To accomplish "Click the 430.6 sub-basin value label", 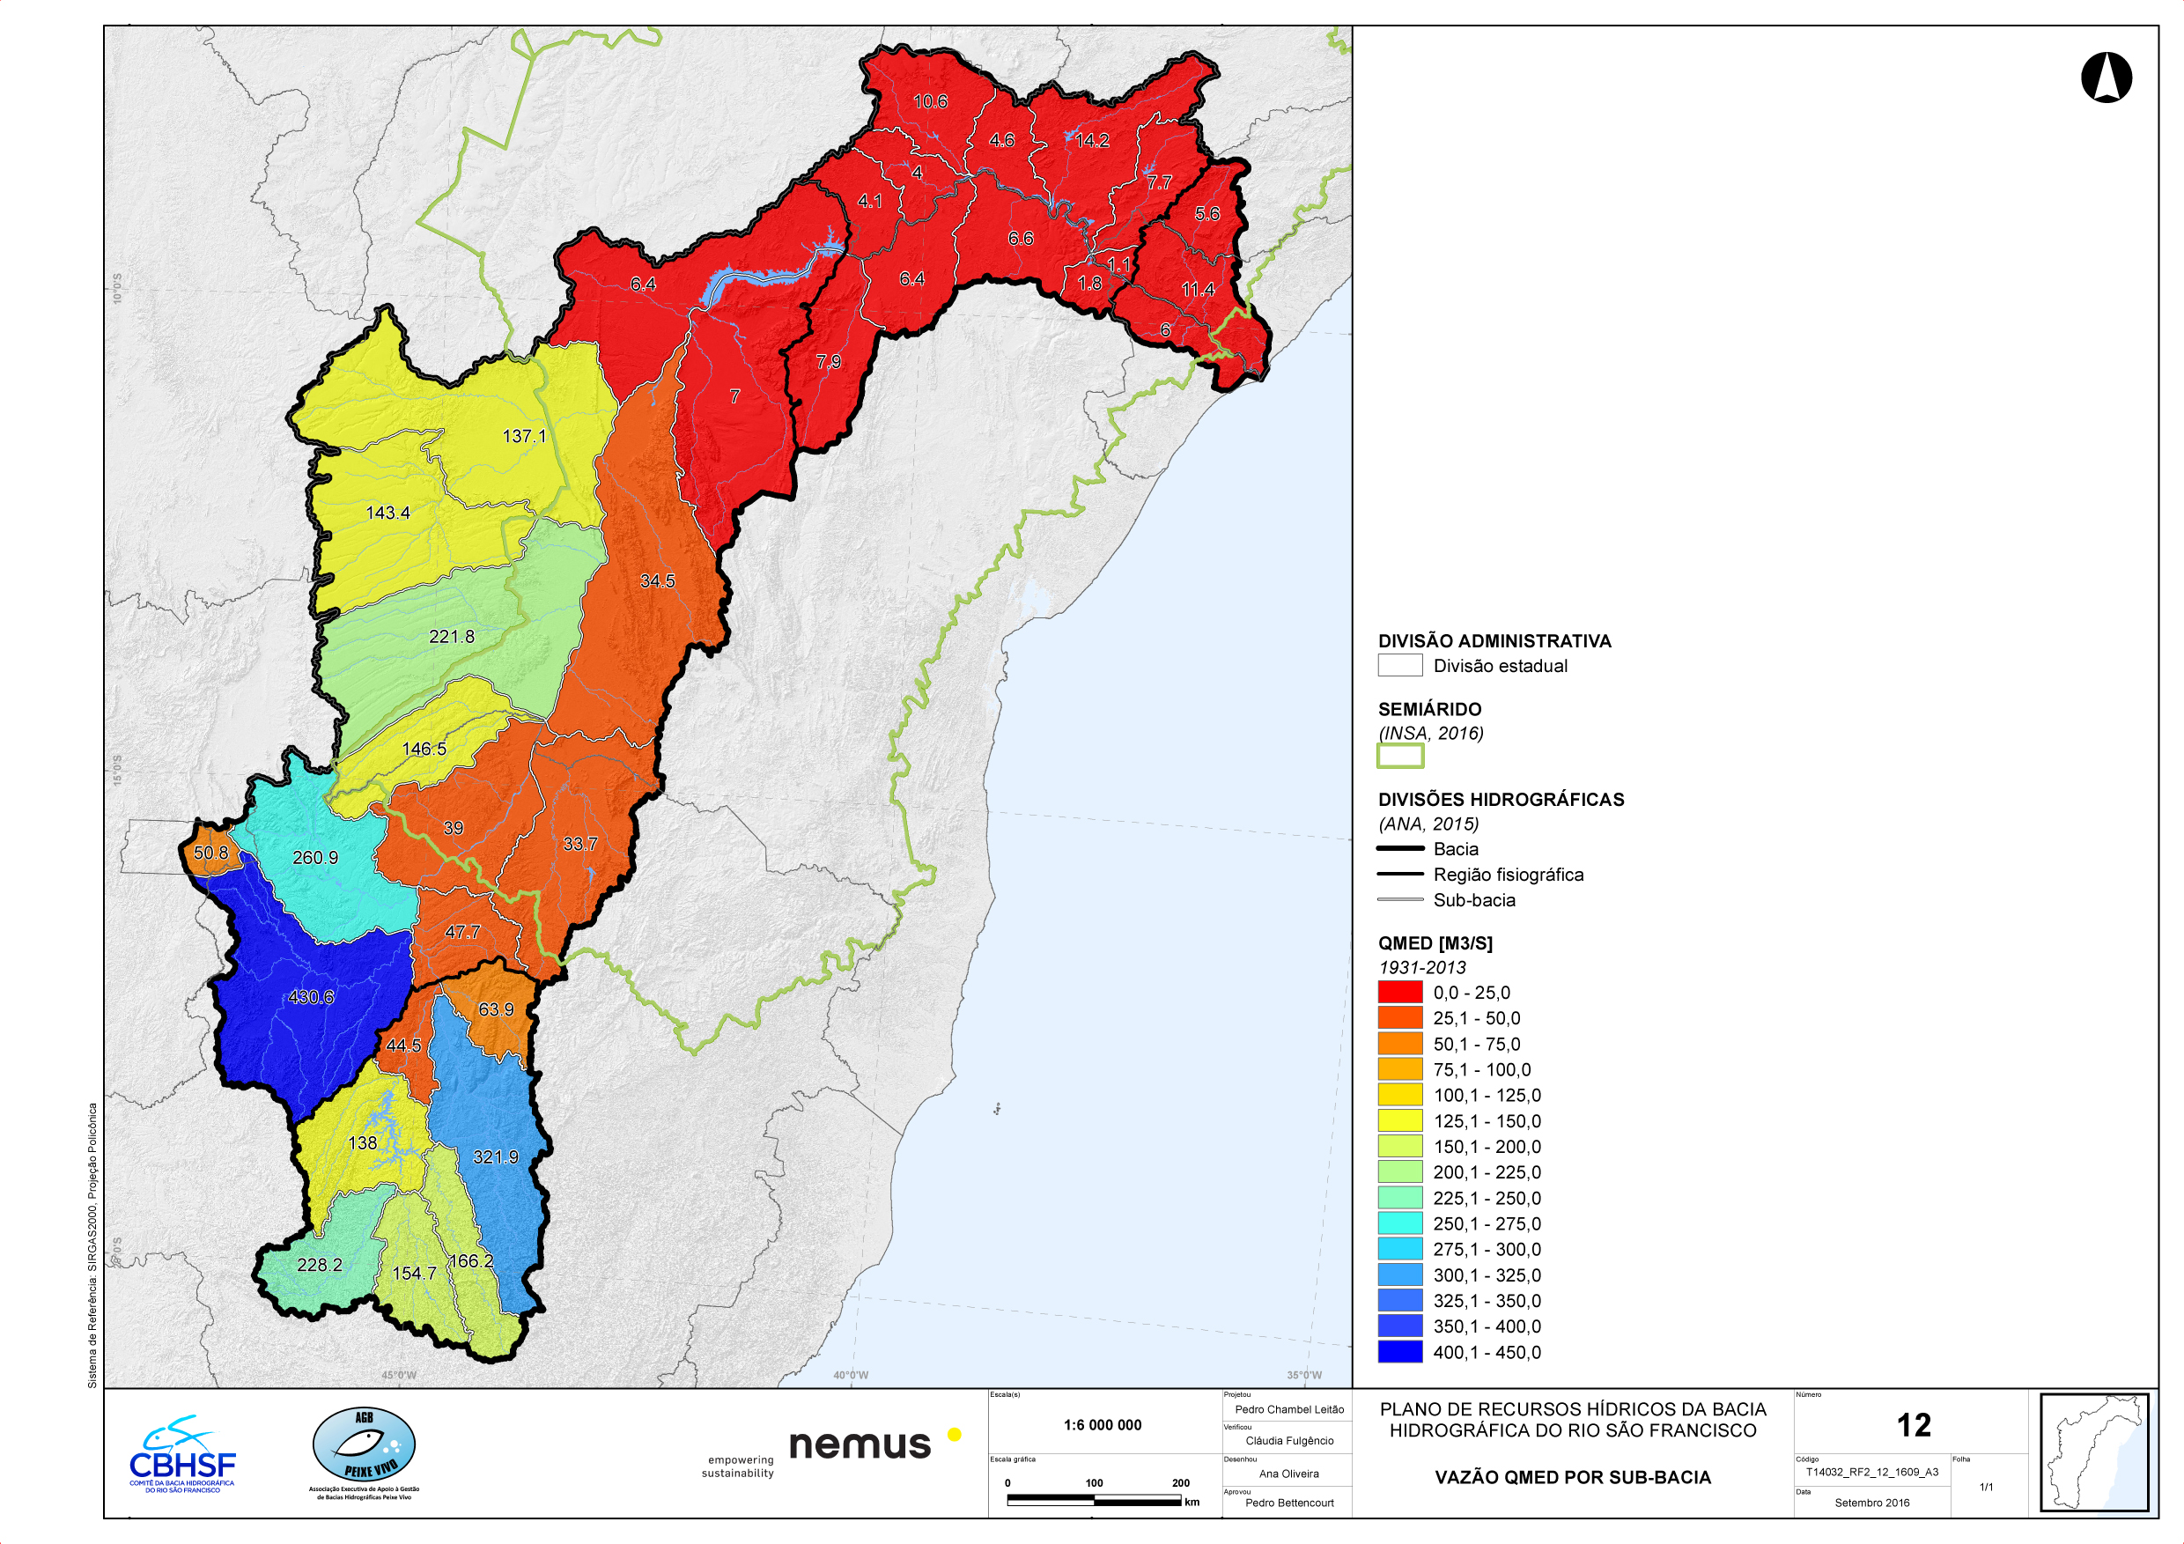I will [311, 997].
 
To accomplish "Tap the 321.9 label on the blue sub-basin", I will [496, 1156].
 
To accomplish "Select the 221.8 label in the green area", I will [451, 637].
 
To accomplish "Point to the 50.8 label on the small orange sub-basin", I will [210, 853].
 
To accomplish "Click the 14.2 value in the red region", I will [1092, 141].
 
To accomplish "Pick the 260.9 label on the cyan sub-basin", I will [315, 857].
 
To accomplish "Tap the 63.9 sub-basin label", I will [496, 1009].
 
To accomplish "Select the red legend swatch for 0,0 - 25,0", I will [1399, 993].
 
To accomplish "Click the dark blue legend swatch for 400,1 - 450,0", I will [1399, 1352].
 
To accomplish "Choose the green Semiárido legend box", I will [1399, 757].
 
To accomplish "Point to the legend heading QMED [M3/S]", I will [1435, 942].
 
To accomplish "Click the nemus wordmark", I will [859, 1444].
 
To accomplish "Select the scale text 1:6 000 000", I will [1102, 1425].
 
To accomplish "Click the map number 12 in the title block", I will [1913, 1425].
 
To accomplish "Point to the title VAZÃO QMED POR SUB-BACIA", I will [1572, 1477].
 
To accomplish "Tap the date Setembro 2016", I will [1871, 1503].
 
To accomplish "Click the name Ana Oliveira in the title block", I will [1288, 1474].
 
